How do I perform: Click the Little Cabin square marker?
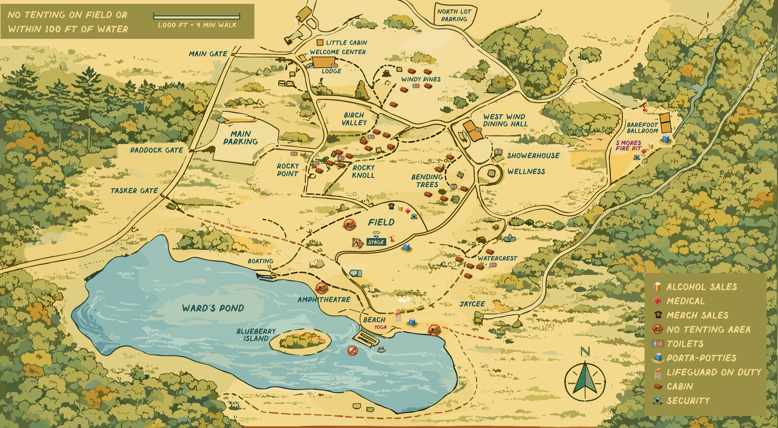coord(320,43)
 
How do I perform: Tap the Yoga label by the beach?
coord(380,327)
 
